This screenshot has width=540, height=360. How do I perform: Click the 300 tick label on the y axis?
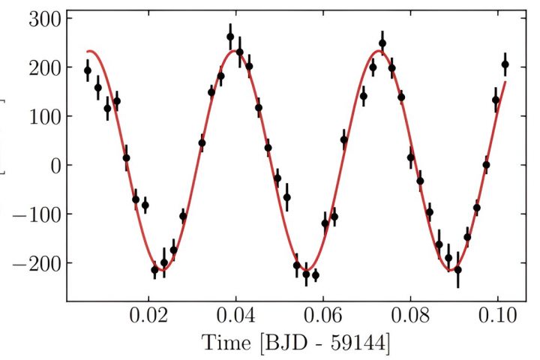43,18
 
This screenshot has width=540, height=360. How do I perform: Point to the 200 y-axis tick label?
43,67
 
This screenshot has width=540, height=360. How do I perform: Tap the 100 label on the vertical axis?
43,116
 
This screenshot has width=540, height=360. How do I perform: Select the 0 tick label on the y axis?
54,165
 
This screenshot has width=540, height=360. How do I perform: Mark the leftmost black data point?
88,70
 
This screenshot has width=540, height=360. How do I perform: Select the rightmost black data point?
505,64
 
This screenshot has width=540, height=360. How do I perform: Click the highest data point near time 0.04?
230,37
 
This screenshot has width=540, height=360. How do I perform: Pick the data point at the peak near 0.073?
382,43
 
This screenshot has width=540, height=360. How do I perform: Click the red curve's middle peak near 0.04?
235,51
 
